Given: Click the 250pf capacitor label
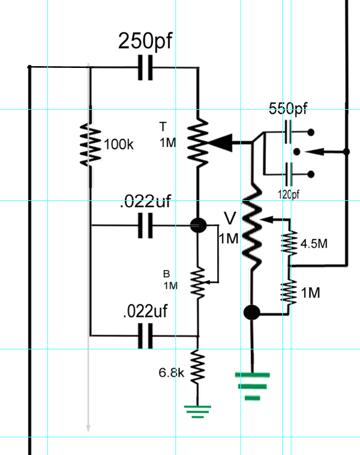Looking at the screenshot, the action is pyautogui.click(x=145, y=41).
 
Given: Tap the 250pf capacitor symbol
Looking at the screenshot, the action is pyautogui.click(x=145, y=67).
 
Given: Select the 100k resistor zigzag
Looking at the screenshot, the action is pyautogui.click(x=90, y=145).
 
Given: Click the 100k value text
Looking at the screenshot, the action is pyautogui.click(x=118, y=144).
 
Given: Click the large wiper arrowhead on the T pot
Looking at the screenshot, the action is pyautogui.click(x=220, y=143).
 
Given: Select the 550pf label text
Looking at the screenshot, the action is pyautogui.click(x=288, y=109).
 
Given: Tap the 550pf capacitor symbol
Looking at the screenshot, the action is pyautogui.click(x=288, y=132).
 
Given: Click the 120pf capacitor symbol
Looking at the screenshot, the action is pyautogui.click(x=288, y=174).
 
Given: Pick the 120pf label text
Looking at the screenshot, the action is pyautogui.click(x=288, y=194).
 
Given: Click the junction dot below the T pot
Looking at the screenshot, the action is pyautogui.click(x=199, y=225).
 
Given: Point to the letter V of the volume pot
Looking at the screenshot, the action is pyautogui.click(x=230, y=218).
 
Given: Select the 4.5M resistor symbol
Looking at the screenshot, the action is pyautogui.click(x=289, y=243).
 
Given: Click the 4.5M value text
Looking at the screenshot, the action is pyautogui.click(x=314, y=244).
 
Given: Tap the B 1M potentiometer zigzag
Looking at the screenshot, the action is pyautogui.click(x=198, y=283).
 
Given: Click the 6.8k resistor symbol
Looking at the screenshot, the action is pyautogui.click(x=198, y=366).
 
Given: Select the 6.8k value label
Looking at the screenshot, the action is pyautogui.click(x=171, y=372).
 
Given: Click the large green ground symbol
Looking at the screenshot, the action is pyautogui.click(x=253, y=386).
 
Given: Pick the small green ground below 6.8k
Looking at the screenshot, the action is pyautogui.click(x=198, y=412).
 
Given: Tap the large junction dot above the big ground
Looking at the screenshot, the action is pyautogui.click(x=251, y=312).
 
